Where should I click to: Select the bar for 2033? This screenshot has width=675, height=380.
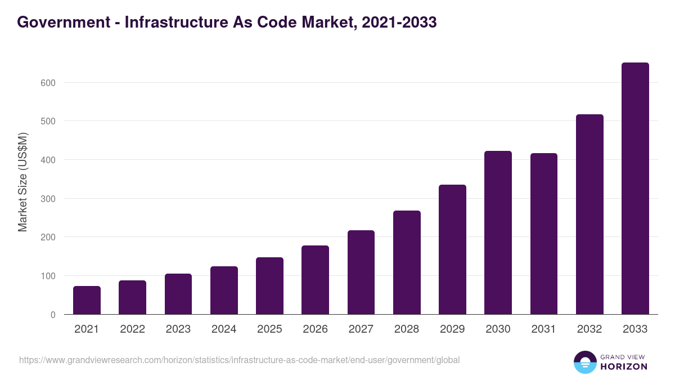[x=635, y=189]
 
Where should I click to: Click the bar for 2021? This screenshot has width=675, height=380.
[x=87, y=300]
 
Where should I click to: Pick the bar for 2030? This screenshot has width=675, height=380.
[x=498, y=233]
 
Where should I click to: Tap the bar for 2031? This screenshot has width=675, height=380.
[x=543, y=234]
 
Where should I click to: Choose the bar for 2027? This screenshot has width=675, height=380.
[x=361, y=272]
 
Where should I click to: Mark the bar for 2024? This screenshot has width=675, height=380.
[x=224, y=290]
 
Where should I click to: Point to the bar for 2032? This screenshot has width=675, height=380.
[x=589, y=214]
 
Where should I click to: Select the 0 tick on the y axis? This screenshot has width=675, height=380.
[x=53, y=315]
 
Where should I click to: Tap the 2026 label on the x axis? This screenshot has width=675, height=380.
[x=315, y=329]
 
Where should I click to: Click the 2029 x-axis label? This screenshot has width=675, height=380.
[x=452, y=329]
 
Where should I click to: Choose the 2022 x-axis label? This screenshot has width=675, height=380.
[x=132, y=329]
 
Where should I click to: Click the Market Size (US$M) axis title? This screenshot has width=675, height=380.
[x=22, y=182]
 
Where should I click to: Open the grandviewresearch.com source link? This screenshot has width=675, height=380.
[x=239, y=360]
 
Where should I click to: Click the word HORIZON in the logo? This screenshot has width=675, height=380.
[x=623, y=366]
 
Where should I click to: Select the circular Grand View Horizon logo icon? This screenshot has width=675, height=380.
[x=585, y=362]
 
